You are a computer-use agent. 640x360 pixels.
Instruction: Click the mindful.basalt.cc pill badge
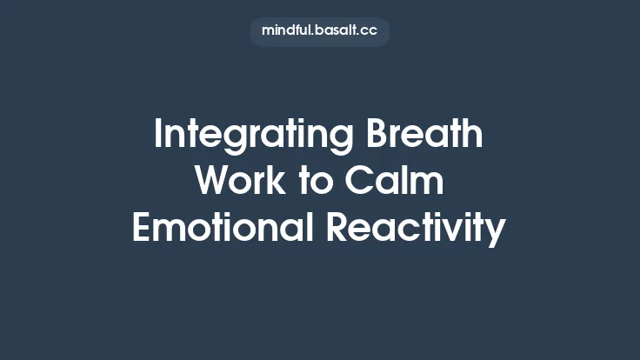(x=319, y=30)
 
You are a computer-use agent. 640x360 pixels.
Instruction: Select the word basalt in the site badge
(x=338, y=30)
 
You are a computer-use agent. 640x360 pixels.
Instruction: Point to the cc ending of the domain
(x=370, y=31)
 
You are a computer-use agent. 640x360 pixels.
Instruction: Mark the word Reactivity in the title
(x=416, y=229)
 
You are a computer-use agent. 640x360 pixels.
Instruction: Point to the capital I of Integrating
(x=157, y=136)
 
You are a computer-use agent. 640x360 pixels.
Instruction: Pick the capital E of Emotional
(x=141, y=228)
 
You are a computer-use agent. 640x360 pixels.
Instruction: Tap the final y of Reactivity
(x=497, y=231)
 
